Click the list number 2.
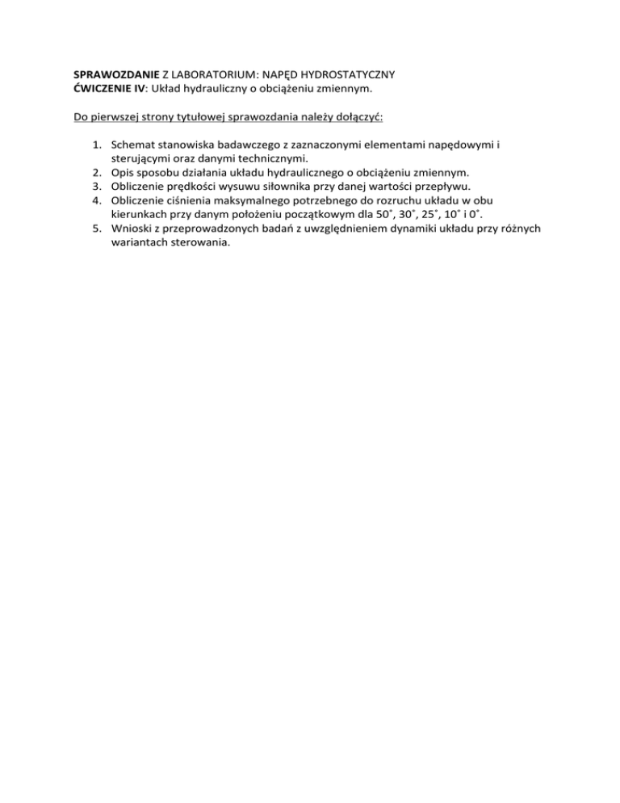coord(96,172)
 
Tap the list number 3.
coord(96,186)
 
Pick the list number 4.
coord(96,200)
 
